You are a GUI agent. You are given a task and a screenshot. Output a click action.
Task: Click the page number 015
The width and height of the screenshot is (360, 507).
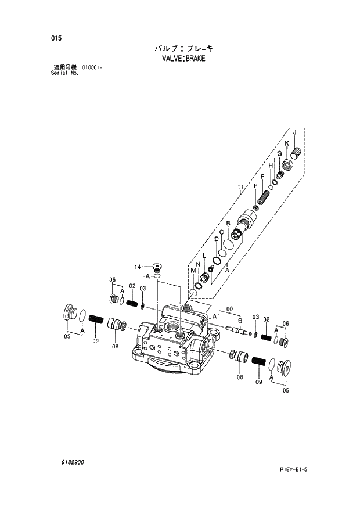(56, 38)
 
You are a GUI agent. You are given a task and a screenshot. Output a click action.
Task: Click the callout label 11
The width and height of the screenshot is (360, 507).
(239, 187)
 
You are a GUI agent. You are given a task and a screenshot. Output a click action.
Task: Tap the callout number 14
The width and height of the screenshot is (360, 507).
(138, 267)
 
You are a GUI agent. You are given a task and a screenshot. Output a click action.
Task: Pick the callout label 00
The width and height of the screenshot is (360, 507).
(229, 309)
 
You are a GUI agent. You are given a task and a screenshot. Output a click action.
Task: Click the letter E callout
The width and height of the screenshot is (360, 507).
(255, 186)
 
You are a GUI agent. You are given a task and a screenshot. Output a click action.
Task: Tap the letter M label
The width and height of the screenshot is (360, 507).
(192, 271)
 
